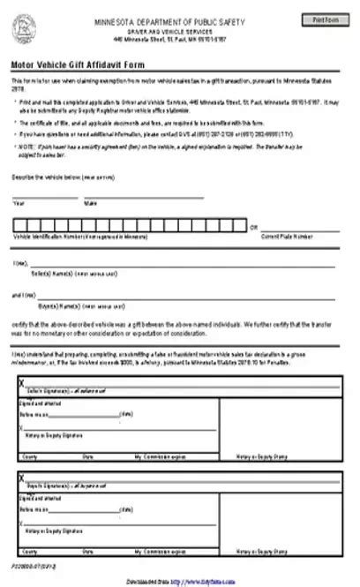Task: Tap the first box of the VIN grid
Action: (x=19, y=225)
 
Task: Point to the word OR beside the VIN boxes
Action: (x=254, y=226)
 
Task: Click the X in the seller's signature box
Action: (x=22, y=382)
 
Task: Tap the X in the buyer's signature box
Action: (x=22, y=478)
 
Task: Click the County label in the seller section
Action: (x=29, y=455)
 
